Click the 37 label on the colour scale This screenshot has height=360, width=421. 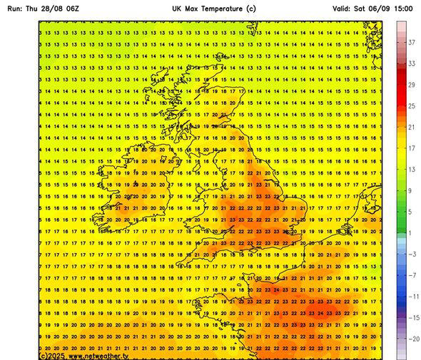coord(411,43)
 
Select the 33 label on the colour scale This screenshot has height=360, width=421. coord(411,64)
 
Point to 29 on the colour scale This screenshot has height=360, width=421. coord(411,85)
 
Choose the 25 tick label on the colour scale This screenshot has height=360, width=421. coord(411,106)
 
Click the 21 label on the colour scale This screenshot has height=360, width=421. coord(411,127)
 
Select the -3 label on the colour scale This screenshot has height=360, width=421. coord(410,254)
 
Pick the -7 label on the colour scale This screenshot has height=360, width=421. coord(410,275)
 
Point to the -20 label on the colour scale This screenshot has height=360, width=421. coord(411,339)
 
